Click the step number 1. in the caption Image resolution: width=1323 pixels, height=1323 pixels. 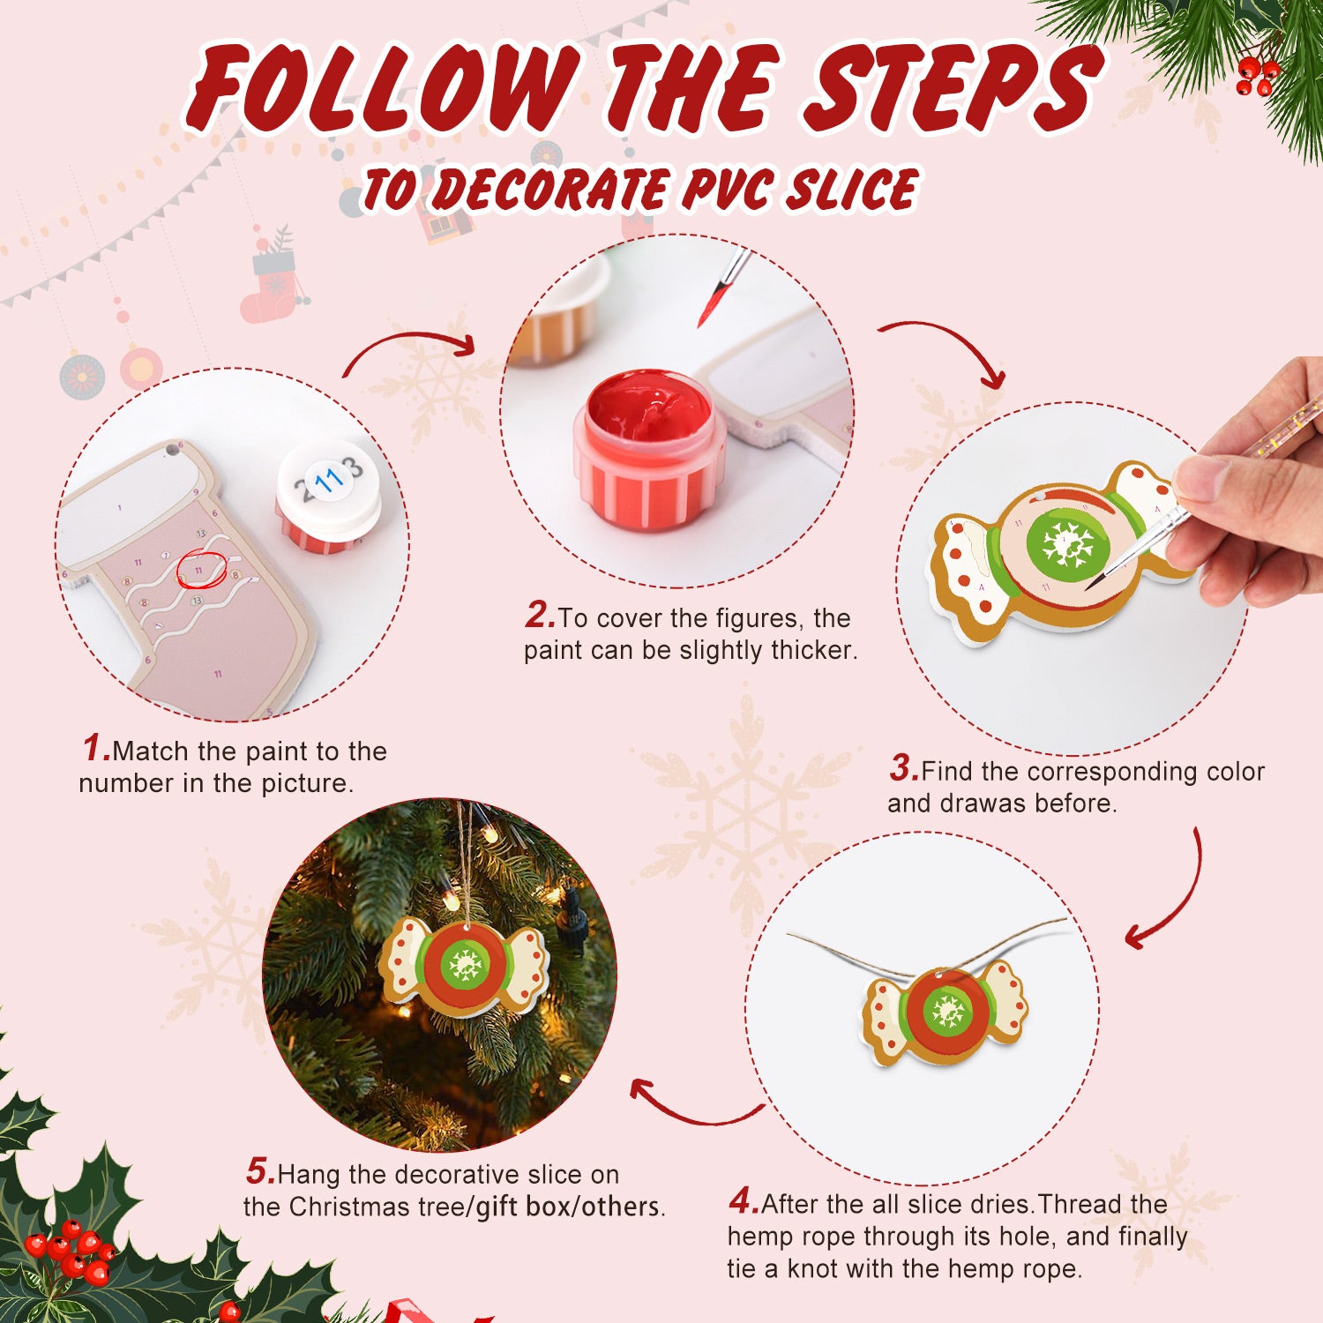[x=95, y=749]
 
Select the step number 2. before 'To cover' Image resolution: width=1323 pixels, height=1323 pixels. [x=539, y=616]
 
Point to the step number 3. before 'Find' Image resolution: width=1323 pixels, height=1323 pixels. [x=904, y=768]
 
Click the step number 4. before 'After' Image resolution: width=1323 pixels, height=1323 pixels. [x=743, y=1201]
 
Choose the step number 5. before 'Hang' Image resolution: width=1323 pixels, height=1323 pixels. [x=260, y=1172]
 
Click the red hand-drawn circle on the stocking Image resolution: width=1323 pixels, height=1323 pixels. [x=202, y=570]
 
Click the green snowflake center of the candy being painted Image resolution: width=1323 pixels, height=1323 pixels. [x=1067, y=546]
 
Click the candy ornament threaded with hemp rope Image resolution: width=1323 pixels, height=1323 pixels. [x=946, y=1013]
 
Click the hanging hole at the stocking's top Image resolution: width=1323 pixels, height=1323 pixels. [x=170, y=451]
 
